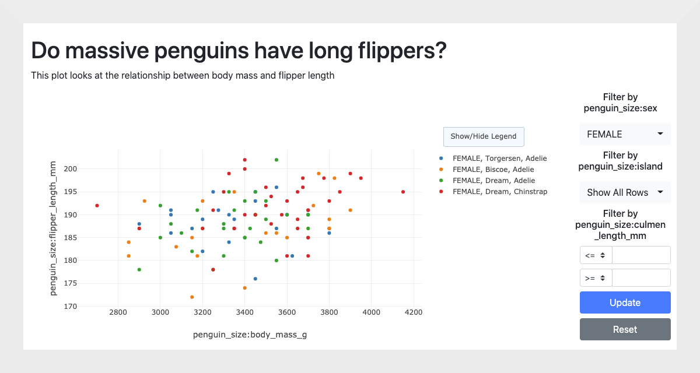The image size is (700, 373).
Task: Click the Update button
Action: tap(625, 302)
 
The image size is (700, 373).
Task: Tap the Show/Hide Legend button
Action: tap(484, 136)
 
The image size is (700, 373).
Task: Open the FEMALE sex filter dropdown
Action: tap(625, 134)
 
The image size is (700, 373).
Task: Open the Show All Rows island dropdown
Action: tap(625, 192)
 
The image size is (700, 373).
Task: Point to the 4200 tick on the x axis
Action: tap(414, 312)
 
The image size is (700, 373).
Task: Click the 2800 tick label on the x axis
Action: tap(118, 312)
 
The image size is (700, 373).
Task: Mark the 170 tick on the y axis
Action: tap(71, 306)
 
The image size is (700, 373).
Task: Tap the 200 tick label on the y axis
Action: tap(71, 169)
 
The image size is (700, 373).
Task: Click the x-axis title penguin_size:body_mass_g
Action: tap(250, 335)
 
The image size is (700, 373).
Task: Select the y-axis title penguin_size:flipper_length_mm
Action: tap(53, 228)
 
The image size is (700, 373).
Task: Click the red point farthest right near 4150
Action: tap(403, 192)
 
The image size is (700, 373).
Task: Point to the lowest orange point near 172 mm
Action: tap(192, 297)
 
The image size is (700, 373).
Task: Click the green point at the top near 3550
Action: tap(276, 160)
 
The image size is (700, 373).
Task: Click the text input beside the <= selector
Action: tap(641, 255)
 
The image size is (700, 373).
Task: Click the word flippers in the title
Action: tap(402, 51)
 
